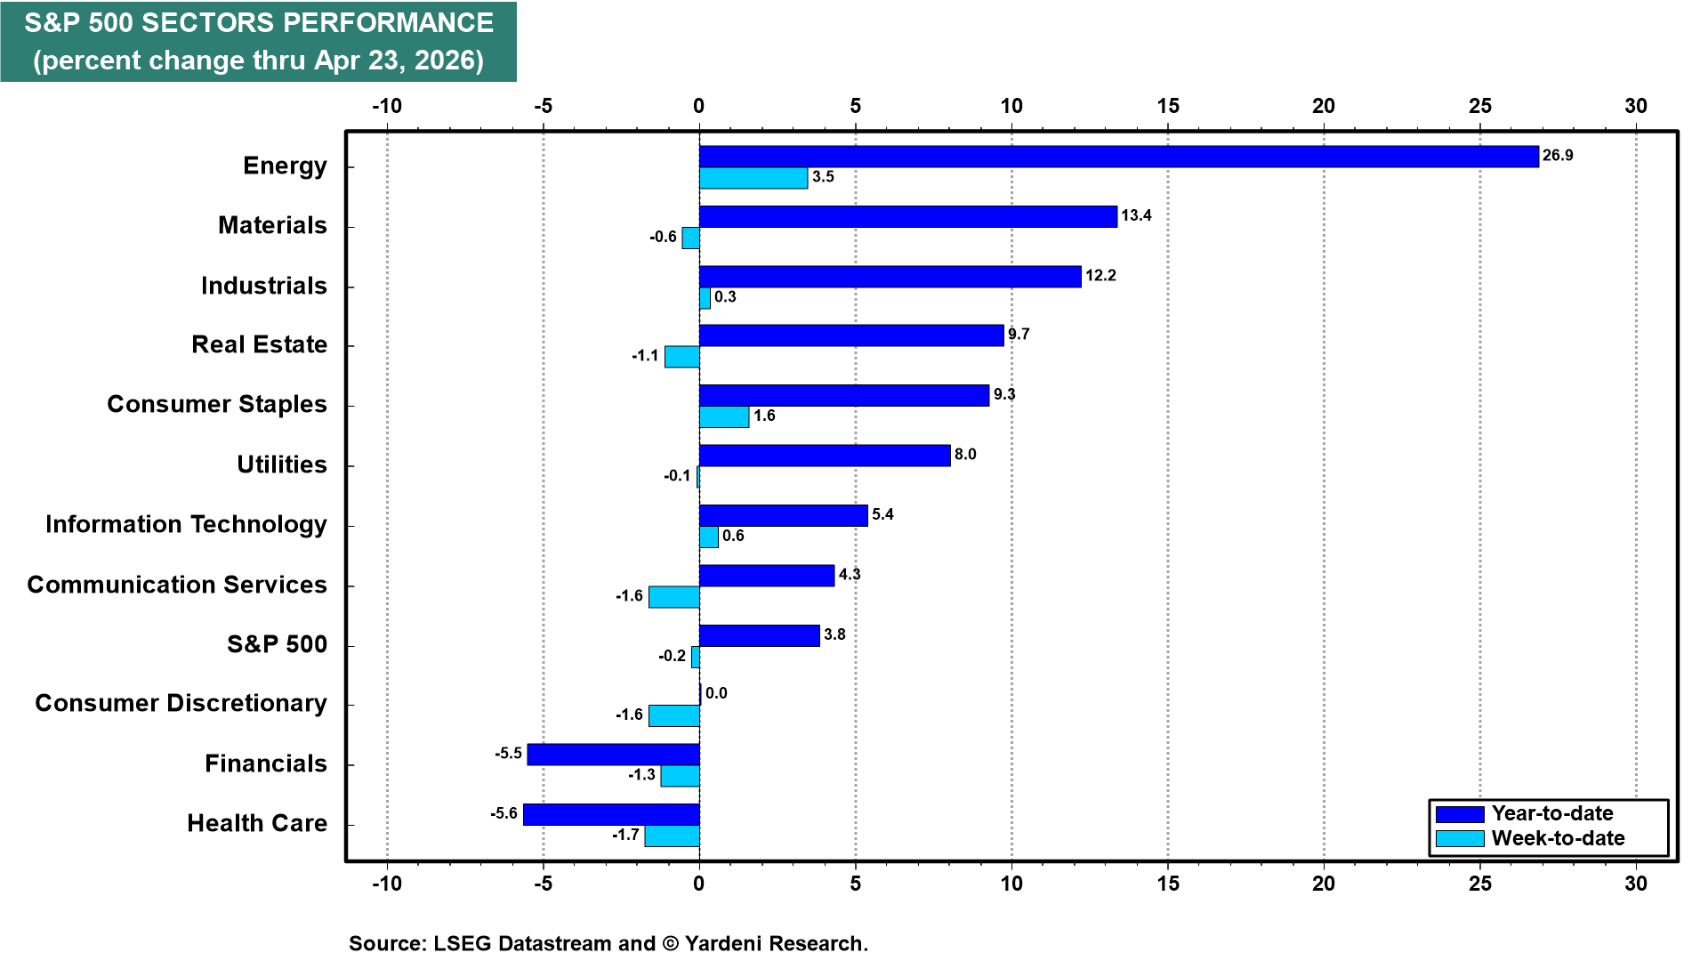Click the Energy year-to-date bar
1118,157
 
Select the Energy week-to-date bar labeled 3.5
753,178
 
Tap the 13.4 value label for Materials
1136,215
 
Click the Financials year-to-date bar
613,755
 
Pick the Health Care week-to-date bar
672,836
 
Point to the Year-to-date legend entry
1551,813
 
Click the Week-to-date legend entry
1557,838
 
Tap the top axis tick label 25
1479,106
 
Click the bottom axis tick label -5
543,884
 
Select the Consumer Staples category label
217,404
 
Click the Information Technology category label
186,524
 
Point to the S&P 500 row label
277,644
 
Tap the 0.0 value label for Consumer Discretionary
716,693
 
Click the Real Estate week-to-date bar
682,357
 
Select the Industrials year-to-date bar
890,277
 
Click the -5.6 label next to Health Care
504,813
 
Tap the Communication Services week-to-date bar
674,597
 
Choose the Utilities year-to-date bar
825,456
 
